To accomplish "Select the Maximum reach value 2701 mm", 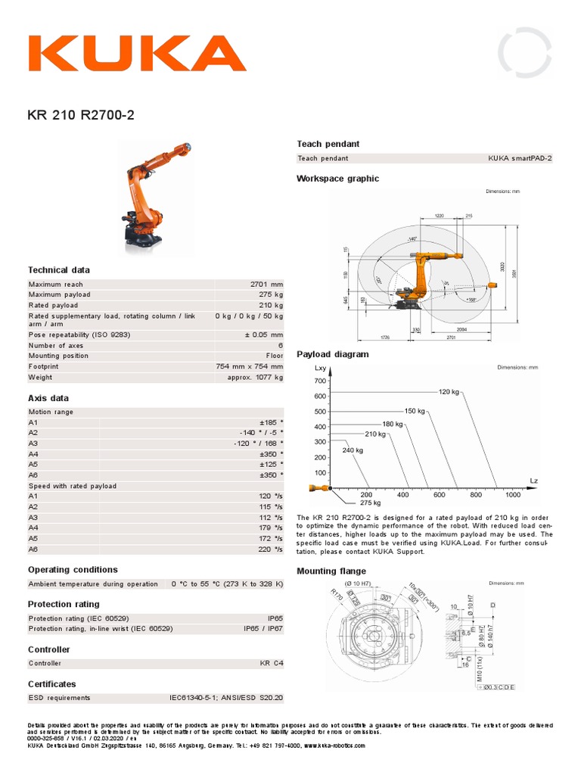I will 266,285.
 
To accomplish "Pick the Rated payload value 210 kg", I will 270,305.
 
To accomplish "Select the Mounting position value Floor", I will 274,356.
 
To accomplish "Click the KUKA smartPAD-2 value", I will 520,158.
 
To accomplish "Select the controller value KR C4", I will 271,664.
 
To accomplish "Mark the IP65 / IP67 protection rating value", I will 263,628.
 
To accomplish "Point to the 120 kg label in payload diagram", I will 449,391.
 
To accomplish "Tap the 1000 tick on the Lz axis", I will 513,495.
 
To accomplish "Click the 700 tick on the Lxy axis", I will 319,381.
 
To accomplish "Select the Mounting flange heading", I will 331,571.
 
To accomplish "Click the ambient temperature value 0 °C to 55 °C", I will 227,584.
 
